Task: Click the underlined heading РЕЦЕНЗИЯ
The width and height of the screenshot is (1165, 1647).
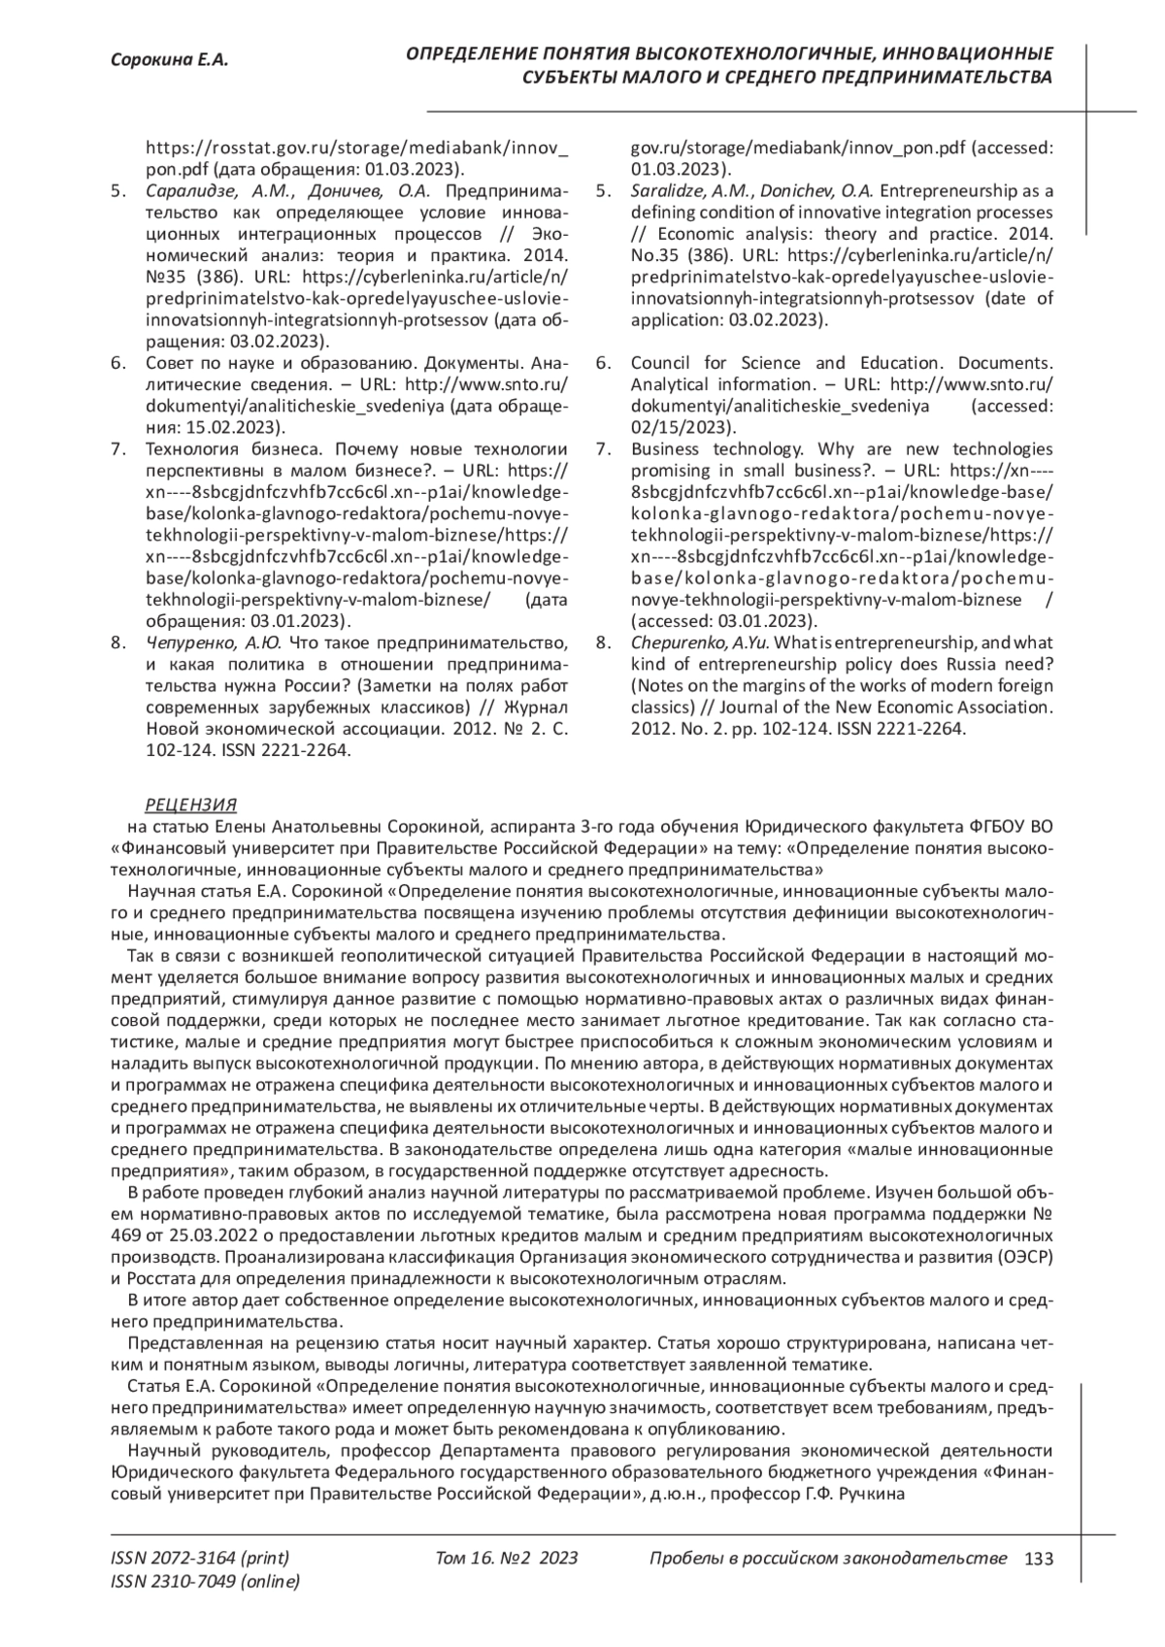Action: [x=190, y=806]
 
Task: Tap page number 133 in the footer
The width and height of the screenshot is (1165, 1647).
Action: [x=1039, y=1559]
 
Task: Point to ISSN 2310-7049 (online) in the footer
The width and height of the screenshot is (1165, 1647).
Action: [x=206, y=1582]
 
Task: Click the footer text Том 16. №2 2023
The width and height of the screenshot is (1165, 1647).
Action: [x=508, y=1559]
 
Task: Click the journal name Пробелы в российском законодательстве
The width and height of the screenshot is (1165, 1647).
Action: [x=827, y=1559]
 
